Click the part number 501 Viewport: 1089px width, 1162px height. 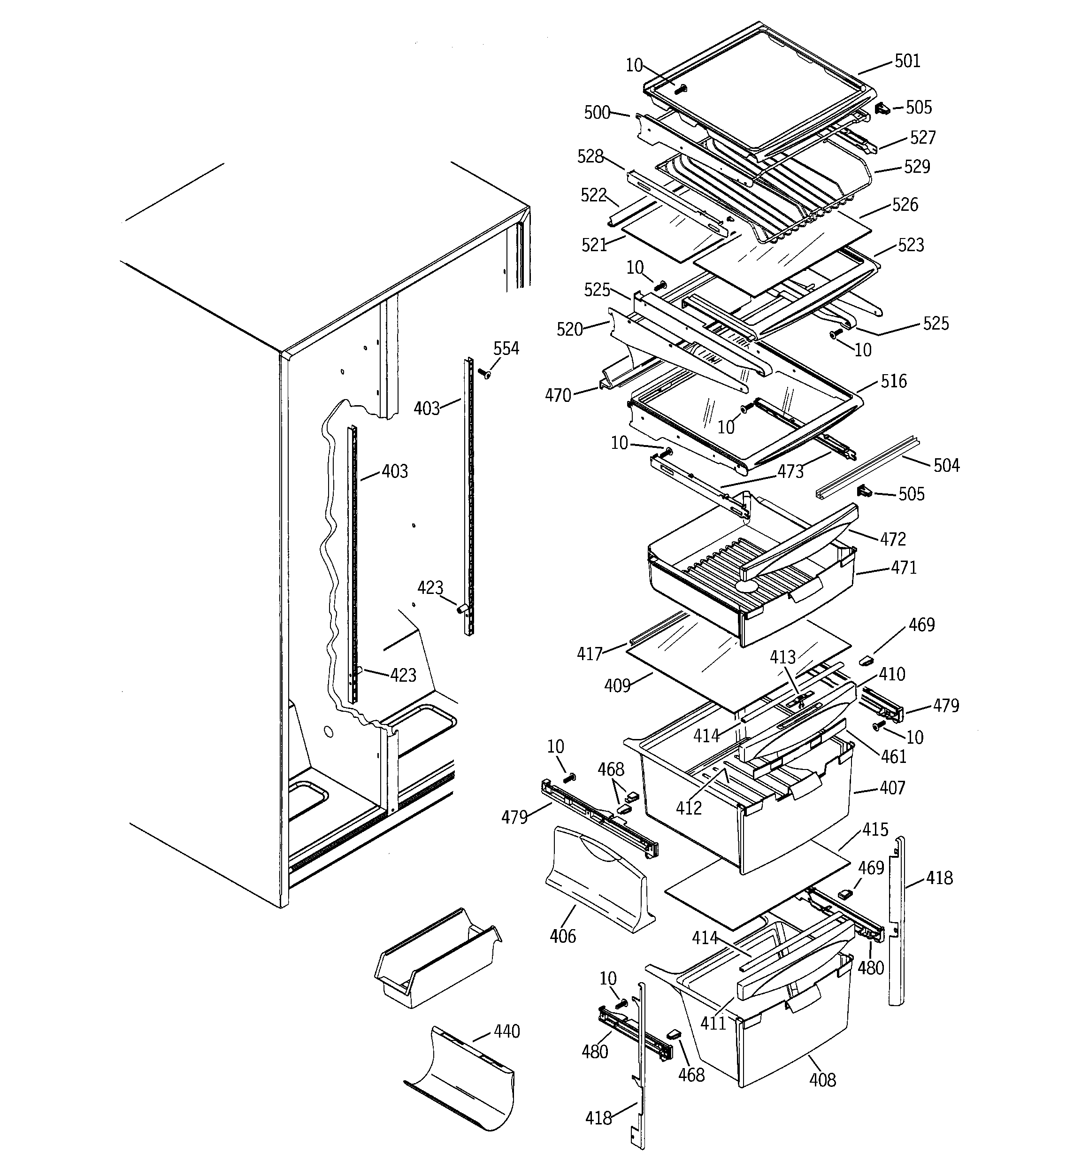pyautogui.click(x=907, y=61)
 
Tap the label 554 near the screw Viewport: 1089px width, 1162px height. pyautogui.click(x=506, y=348)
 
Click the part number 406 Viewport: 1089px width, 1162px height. pyautogui.click(x=562, y=936)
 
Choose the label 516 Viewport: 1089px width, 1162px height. pyautogui.click(x=893, y=381)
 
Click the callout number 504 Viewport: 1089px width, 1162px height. pyautogui.click(x=946, y=465)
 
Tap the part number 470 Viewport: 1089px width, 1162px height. pyautogui.click(x=558, y=396)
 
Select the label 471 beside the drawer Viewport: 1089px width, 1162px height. pyautogui.click(x=904, y=567)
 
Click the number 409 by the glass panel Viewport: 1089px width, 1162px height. pyautogui.click(x=617, y=685)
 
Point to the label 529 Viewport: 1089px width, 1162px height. pyautogui.click(x=917, y=167)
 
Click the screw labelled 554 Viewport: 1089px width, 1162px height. pyautogui.click(x=484, y=373)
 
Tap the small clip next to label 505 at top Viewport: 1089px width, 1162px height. pyautogui.click(x=882, y=109)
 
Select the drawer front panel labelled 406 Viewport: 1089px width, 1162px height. pyautogui.click(x=596, y=877)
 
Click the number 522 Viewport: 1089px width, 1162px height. pyautogui.click(x=593, y=195)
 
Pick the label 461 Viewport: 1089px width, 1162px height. pyautogui.click(x=894, y=756)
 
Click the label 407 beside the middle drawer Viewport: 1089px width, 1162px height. pyautogui.click(x=892, y=788)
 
